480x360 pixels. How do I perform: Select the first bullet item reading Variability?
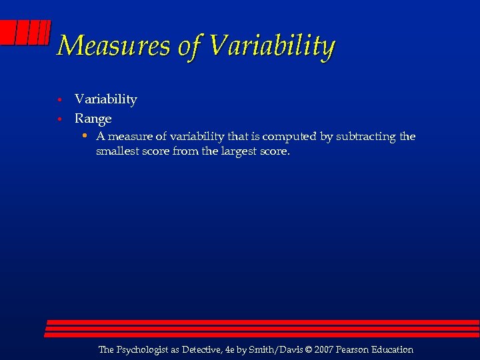coord(106,99)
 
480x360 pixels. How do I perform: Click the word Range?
coord(93,119)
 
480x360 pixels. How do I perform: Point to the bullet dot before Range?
coord(59,119)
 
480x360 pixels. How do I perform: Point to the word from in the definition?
coord(184,151)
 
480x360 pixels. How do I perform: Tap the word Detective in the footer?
coord(205,349)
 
